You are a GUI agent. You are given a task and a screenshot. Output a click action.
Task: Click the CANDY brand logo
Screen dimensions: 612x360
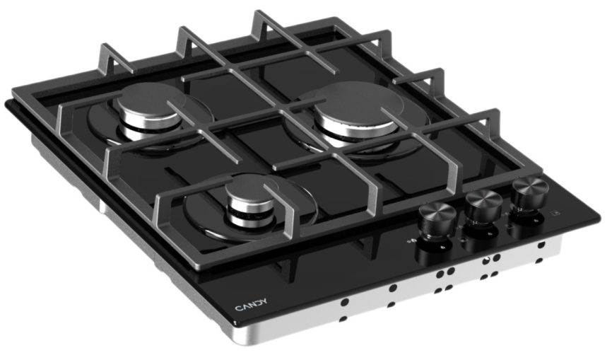tap(252, 305)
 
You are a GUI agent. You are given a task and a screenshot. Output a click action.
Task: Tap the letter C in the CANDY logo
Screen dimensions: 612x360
tap(238, 308)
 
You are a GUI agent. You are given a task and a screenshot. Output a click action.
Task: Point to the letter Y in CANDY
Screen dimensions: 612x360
tap(264, 301)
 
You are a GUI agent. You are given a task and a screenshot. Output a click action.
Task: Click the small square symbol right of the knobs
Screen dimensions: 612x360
tap(555, 212)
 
